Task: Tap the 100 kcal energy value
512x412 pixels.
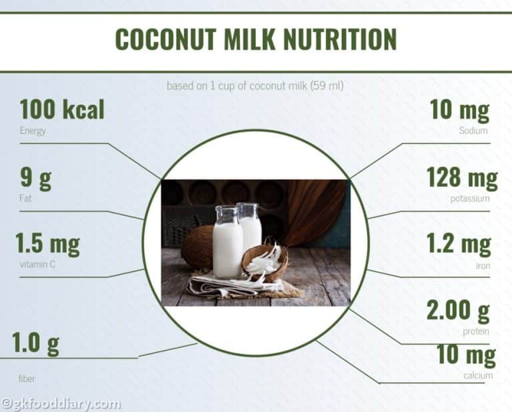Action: coord(62,110)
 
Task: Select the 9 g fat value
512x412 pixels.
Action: coord(35,178)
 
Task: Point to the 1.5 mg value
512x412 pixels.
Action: coord(47,244)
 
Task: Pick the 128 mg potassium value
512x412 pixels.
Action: coord(461,178)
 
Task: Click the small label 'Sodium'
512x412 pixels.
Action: coord(474,131)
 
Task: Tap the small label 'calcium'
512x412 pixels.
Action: coord(478,375)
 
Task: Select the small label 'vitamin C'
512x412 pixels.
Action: coord(35,264)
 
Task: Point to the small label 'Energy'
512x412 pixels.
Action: coord(33,131)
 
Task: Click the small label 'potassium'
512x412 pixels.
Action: coord(469,198)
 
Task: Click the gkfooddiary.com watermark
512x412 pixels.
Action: coord(61,403)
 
